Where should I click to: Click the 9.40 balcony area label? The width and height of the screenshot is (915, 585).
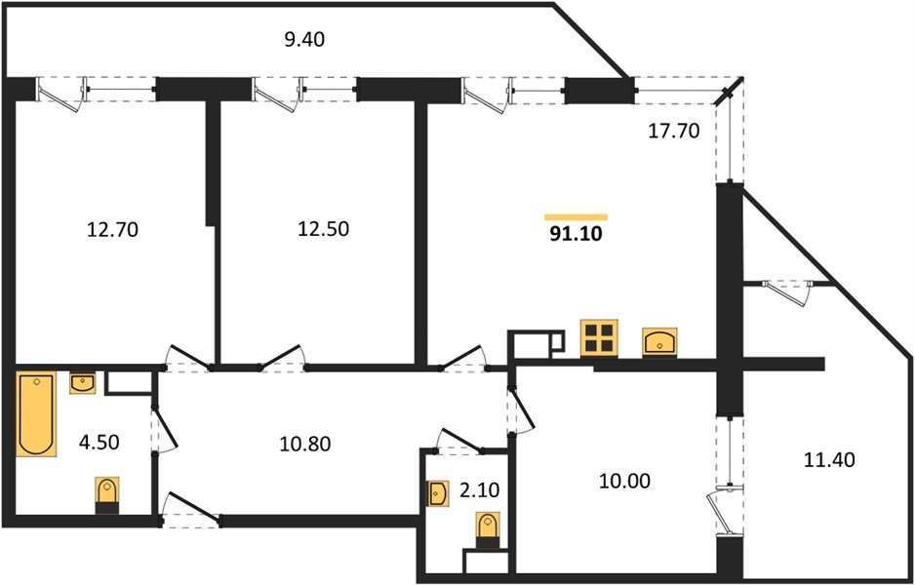pos(303,40)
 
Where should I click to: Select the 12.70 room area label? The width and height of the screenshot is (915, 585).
pos(113,230)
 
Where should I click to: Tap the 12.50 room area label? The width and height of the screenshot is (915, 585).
pos(322,229)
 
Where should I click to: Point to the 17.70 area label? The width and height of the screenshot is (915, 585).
pos(674,132)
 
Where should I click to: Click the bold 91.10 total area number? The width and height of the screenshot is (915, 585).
pos(576,234)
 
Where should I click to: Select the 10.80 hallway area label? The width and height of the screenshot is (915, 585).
pos(305,445)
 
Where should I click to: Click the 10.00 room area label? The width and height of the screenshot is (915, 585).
pos(625,481)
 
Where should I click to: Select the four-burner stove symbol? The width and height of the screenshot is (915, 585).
pos(598,338)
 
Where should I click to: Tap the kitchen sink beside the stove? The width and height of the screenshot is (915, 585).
pos(663,342)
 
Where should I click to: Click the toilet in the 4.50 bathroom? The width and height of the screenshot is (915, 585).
pos(107,494)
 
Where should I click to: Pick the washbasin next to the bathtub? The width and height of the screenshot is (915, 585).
pos(83,384)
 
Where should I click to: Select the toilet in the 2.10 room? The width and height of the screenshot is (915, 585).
pos(485,530)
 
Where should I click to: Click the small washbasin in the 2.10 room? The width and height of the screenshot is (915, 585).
pos(436,494)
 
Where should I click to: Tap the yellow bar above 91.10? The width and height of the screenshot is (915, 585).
pos(576,216)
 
